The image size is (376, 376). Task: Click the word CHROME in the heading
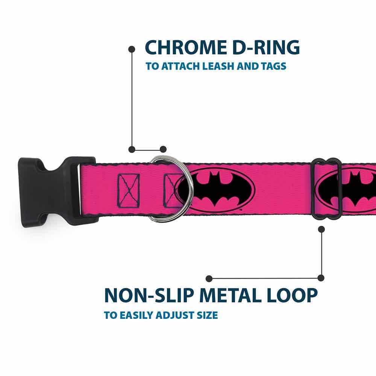pyautogui.click(x=186, y=47)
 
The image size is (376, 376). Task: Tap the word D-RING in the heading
pyautogui.click(x=266, y=47)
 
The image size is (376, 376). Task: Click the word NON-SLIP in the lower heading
pyautogui.click(x=149, y=295)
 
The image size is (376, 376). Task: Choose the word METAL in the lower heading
pyautogui.click(x=230, y=295)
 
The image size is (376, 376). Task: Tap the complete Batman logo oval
pyautogui.click(x=214, y=190)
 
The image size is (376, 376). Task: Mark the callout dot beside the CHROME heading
pyautogui.click(x=132, y=49)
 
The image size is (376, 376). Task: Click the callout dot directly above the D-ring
pyautogui.click(x=163, y=149)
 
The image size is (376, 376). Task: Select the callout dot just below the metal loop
pyautogui.click(x=321, y=229)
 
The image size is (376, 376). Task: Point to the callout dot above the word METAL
pyautogui.click(x=209, y=279)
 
